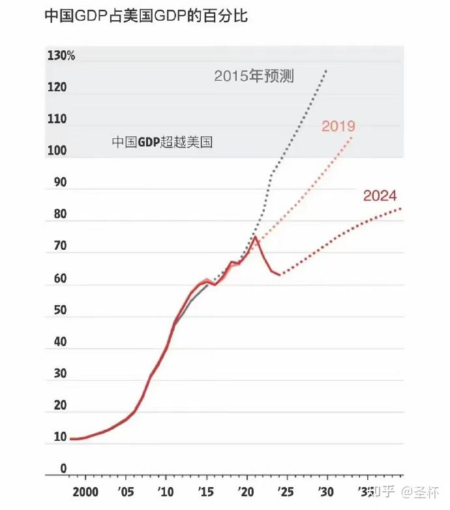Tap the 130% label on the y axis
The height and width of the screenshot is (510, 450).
[x=61, y=56]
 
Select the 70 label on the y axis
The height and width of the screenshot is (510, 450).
[x=59, y=247]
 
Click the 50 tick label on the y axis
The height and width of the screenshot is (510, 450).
[x=59, y=310]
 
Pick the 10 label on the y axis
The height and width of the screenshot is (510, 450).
[x=59, y=437]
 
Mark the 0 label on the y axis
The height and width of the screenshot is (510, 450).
[x=63, y=468]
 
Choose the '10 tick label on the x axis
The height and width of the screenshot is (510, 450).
[x=166, y=491]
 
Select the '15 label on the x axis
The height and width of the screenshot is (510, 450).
[x=206, y=491]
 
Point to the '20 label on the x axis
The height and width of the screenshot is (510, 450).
[x=246, y=491]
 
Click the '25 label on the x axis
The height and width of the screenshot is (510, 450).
[x=286, y=491]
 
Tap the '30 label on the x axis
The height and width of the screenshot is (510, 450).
[x=326, y=491]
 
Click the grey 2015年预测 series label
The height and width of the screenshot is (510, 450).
[x=254, y=76]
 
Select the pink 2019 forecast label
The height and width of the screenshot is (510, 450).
[x=338, y=127]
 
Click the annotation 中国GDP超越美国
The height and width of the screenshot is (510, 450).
[x=162, y=142]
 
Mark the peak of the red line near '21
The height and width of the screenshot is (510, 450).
[x=256, y=237]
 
